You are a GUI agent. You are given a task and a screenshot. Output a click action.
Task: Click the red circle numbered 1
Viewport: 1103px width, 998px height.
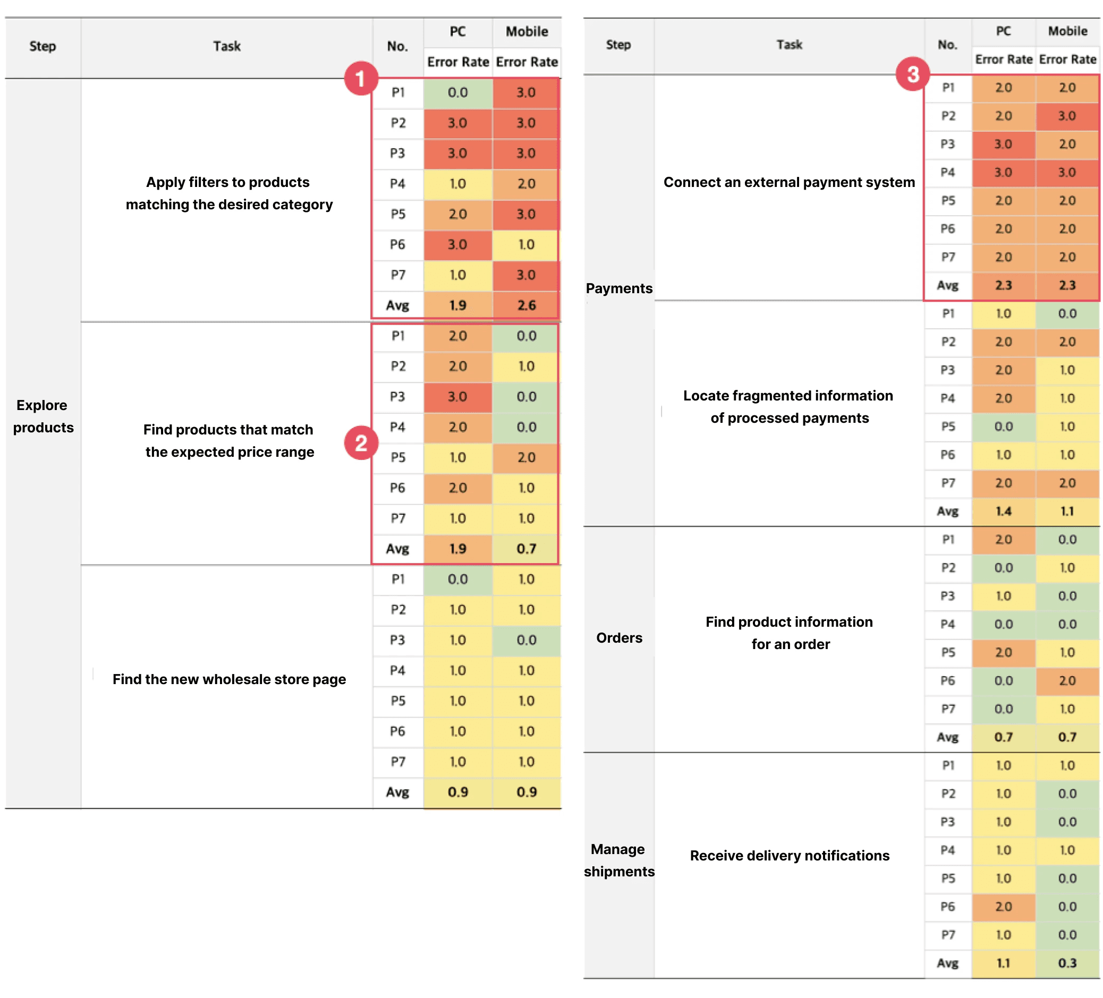[361, 78]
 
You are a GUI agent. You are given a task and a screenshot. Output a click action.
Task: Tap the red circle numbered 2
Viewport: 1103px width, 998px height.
[361, 443]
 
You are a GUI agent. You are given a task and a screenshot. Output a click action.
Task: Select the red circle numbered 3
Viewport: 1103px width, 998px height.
[912, 74]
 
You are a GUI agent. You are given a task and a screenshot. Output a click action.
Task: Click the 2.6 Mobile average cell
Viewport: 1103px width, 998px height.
[527, 305]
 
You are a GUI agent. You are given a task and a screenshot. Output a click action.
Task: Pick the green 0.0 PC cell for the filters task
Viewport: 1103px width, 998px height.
[458, 92]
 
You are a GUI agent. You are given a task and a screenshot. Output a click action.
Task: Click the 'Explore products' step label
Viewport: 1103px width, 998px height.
[43, 416]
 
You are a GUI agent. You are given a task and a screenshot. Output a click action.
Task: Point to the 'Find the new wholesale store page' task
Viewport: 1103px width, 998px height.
[229, 679]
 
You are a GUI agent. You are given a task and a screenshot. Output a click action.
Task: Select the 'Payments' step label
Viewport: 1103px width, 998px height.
[619, 288]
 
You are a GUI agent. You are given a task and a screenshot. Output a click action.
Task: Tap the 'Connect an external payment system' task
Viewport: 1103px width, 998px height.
[789, 182]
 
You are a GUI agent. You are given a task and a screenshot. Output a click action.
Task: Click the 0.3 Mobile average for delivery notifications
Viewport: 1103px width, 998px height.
[1067, 963]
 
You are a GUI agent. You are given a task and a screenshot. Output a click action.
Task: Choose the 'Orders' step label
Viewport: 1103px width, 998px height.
[619, 638]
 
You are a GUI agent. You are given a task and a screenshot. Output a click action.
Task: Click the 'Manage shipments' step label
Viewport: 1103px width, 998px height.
[619, 860]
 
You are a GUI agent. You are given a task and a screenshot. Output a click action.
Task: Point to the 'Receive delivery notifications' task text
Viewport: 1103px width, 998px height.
[790, 855]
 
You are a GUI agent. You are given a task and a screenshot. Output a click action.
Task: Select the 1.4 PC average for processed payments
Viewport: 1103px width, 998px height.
[1004, 511]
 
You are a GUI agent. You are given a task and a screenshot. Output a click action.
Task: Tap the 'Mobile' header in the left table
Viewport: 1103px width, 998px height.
[527, 32]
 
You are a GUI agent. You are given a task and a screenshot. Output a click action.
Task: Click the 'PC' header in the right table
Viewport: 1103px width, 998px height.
[1004, 31]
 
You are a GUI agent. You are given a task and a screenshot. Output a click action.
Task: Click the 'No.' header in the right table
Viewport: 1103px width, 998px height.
[948, 45]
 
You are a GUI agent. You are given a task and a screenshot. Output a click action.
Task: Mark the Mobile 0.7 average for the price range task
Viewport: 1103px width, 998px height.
[527, 549]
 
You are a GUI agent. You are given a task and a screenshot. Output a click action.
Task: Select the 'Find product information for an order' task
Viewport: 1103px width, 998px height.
[790, 633]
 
